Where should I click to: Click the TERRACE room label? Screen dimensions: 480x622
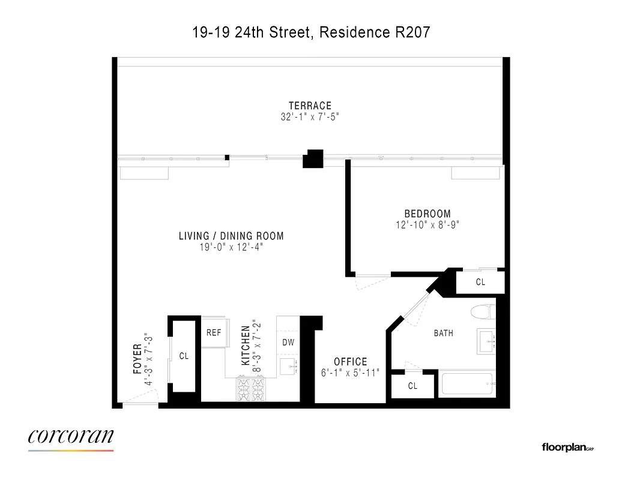point(310,106)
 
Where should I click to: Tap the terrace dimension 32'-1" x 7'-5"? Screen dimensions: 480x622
point(310,117)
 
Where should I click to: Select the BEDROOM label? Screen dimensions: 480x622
point(427,214)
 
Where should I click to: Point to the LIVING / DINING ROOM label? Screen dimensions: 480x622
point(231,236)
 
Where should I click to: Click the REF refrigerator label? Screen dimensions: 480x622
point(214,332)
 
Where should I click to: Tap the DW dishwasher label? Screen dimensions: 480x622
point(288,343)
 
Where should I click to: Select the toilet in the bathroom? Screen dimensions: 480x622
point(482,313)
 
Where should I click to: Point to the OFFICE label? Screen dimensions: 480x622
point(351,362)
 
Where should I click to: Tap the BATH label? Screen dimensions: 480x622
point(444,333)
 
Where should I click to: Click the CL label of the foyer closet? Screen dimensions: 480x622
point(184,356)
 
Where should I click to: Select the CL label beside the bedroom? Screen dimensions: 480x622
point(480,282)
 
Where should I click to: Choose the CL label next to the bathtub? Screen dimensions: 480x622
point(412,386)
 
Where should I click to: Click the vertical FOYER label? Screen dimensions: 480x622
point(137,359)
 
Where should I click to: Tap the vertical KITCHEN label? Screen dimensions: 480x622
point(246,346)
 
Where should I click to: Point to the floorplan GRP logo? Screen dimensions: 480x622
point(568,447)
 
